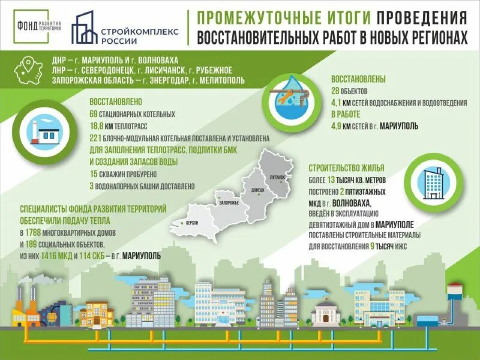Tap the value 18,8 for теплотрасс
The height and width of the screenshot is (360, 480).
coord(97,126)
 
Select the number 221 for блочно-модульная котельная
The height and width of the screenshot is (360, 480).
coord(96,138)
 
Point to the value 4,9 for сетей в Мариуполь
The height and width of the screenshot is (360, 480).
coord(337,126)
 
